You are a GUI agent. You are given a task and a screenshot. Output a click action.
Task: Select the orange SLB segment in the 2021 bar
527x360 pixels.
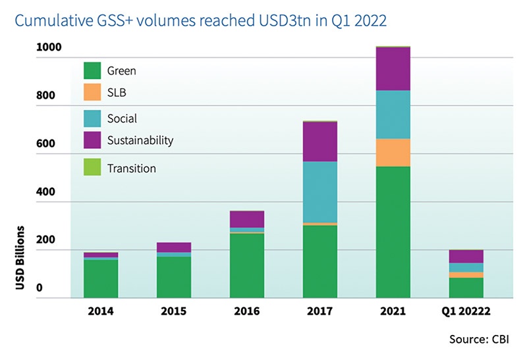pos(393,152)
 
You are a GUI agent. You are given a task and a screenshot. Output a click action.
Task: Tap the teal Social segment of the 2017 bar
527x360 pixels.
pos(319,192)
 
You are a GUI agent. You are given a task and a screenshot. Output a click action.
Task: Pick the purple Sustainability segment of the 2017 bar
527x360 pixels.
pos(319,141)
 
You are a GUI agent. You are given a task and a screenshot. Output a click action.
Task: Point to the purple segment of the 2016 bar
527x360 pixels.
pos(246,219)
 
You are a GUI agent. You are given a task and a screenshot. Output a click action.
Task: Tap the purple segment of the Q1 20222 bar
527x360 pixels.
pos(466,256)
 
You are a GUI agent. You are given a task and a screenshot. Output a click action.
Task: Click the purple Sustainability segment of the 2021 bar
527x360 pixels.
pos(393,68)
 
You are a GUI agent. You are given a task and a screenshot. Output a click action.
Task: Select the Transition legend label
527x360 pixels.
pos(131,168)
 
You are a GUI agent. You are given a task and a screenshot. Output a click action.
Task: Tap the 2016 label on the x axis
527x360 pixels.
pos(246,309)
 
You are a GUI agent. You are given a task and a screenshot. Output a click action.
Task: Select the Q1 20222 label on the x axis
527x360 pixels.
pos(466,309)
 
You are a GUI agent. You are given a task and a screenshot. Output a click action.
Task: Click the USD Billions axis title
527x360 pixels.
pos(21,259)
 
